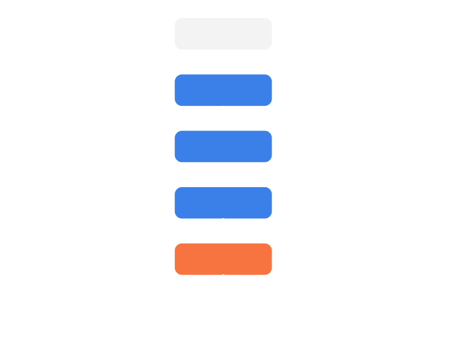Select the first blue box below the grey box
(223, 90)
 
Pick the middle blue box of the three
(223, 146)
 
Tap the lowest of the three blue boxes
(223, 202)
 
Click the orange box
(223, 259)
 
